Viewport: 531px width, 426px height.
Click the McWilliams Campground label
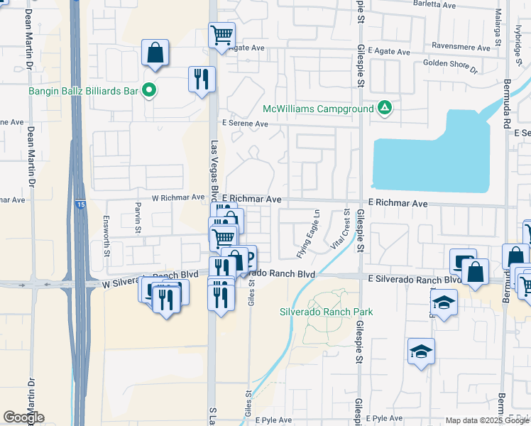point(317,109)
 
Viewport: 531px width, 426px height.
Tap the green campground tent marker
point(384,108)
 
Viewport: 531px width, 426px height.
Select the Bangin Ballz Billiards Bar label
point(83,90)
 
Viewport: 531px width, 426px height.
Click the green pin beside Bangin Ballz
point(149,90)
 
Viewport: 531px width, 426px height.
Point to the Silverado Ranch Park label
point(326,312)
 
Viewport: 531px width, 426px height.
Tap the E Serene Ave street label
point(244,124)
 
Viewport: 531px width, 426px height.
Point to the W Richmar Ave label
point(178,198)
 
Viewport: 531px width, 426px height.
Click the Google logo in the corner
point(23,417)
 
